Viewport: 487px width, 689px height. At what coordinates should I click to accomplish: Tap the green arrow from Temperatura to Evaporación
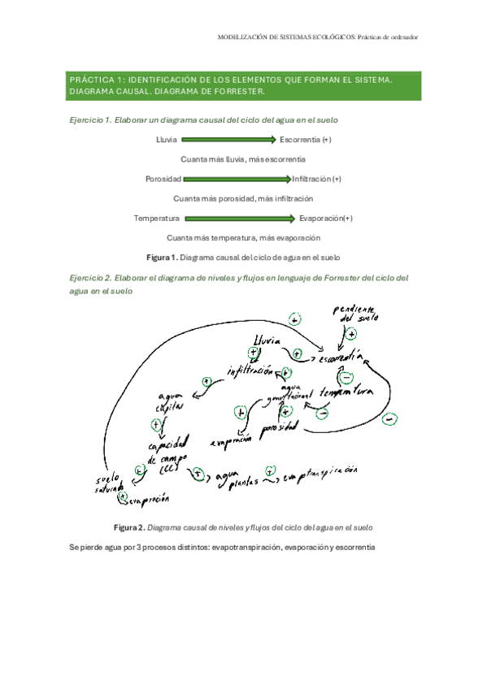[239, 218]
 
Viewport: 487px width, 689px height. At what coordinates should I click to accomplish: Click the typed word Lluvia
[167, 140]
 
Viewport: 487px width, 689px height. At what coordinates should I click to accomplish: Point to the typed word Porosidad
[163, 179]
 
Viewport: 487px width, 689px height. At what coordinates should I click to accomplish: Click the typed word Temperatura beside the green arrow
[157, 218]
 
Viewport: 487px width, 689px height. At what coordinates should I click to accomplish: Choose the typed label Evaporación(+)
[326, 218]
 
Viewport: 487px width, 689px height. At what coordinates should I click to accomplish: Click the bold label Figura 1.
[161, 257]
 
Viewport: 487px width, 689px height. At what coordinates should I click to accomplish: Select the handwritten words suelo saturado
[108, 483]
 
